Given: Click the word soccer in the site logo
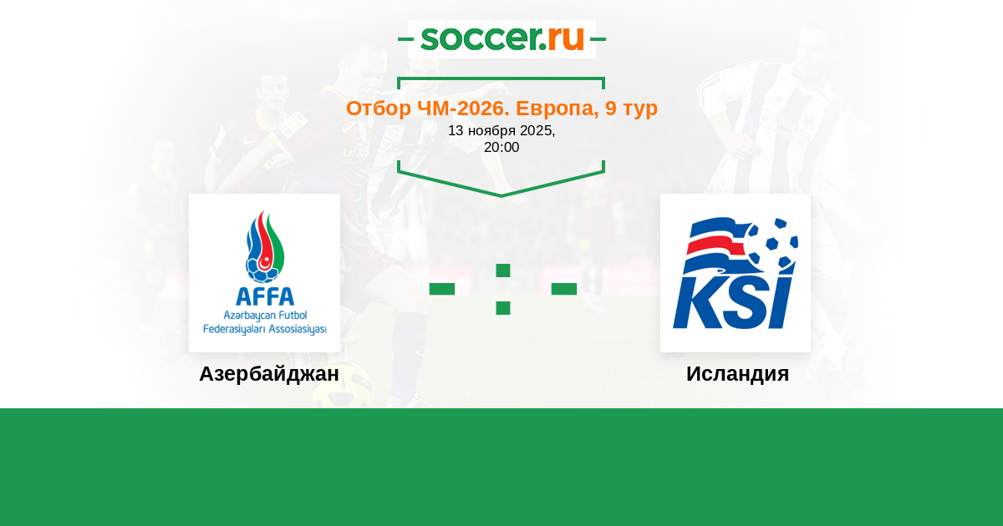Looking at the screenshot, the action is click(x=480, y=38).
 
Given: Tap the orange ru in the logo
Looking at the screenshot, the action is click(x=566, y=38).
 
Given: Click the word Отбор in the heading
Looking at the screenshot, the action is click(x=379, y=109).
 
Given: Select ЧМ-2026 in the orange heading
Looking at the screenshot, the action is click(x=463, y=109).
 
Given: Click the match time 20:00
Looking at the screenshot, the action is click(x=501, y=147).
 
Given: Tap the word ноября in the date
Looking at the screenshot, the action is click(x=491, y=131).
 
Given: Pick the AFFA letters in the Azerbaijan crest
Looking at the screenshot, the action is click(x=265, y=296).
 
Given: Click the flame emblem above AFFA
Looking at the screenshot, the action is click(x=265, y=247).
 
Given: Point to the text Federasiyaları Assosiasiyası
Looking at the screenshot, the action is click(x=265, y=330).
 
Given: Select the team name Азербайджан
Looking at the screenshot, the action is click(x=269, y=374).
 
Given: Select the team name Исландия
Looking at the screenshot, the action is click(x=737, y=374).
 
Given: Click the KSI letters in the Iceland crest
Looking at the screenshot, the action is click(x=732, y=302).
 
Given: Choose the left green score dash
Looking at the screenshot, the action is click(x=442, y=289).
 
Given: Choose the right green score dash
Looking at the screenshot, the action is click(x=563, y=289).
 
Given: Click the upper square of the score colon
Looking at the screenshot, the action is click(x=503, y=271).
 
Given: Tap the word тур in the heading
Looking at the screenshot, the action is click(x=641, y=109).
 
